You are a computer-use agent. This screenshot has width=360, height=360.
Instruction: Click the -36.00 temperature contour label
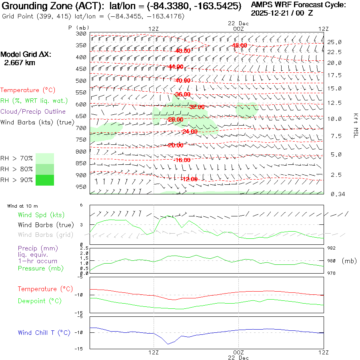(x=183, y=94)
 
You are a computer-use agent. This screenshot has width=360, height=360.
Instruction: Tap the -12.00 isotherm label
(x=189, y=179)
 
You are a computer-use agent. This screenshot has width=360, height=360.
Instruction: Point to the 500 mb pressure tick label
(x=81, y=81)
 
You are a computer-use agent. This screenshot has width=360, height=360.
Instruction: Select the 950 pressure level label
(x=81, y=187)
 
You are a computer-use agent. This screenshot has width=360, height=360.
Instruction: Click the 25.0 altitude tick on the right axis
(x=334, y=42)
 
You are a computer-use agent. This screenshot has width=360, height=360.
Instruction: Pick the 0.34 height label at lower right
(x=334, y=194)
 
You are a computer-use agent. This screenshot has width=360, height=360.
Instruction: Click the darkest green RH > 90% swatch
(x=45, y=180)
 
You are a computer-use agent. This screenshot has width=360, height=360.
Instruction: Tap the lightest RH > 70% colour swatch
(x=45, y=158)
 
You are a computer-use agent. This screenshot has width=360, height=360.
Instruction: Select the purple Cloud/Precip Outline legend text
(x=33, y=112)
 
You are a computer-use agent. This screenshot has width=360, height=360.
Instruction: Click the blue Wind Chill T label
(x=44, y=333)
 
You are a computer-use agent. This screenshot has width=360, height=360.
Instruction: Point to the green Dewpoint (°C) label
(x=40, y=301)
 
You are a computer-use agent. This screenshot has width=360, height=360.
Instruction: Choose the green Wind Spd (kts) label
(x=41, y=215)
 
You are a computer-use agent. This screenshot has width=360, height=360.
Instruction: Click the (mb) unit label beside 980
(x=349, y=261)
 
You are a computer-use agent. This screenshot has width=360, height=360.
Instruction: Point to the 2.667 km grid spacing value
(x=20, y=63)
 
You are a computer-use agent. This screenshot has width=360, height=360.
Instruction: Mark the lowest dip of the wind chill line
(x=168, y=344)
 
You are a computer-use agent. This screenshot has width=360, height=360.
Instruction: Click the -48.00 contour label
(x=239, y=46)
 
